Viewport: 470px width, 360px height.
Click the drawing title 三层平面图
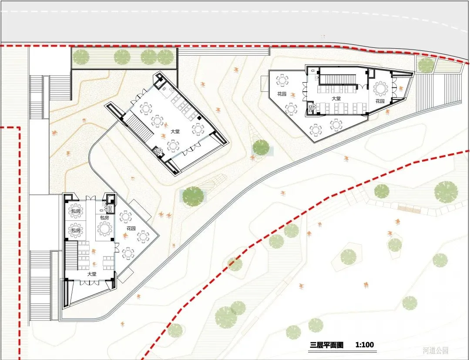[326, 345]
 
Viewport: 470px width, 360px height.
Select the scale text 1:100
[365, 345]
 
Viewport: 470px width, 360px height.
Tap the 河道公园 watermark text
[436, 350]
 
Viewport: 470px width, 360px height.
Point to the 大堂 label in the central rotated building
[175, 131]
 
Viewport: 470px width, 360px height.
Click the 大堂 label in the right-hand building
[336, 98]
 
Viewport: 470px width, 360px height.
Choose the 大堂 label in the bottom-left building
[92, 274]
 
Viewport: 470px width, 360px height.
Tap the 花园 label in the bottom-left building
[131, 228]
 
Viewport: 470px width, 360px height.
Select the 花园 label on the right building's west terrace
[282, 94]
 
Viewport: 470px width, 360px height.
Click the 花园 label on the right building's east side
[380, 101]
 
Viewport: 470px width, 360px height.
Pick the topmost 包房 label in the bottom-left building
[76, 211]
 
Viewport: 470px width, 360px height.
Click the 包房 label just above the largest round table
[104, 218]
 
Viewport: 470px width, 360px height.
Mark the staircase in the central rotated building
[139, 128]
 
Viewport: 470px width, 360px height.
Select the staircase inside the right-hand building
[338, 80]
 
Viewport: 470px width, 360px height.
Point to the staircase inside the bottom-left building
[71, 256]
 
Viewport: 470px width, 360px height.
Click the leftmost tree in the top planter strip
[81, 57]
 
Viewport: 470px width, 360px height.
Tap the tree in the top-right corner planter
[426, 65]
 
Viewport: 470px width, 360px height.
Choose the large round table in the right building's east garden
[381, 89]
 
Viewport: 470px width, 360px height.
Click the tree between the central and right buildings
[261, 148]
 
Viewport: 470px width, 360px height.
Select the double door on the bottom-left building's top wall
[91, 198]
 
